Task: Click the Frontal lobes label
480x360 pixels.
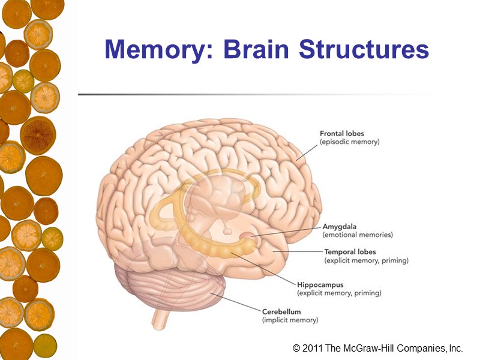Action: coord(342,133)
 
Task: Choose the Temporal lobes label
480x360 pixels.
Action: coord(350,252)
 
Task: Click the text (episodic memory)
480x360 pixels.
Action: coord(350,142)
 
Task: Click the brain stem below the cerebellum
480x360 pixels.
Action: coord(160,316)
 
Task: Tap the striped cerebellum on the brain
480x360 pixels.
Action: coord(174,288)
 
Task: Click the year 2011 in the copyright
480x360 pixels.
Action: coord(314,349)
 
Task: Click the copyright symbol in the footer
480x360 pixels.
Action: coord(296,349)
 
